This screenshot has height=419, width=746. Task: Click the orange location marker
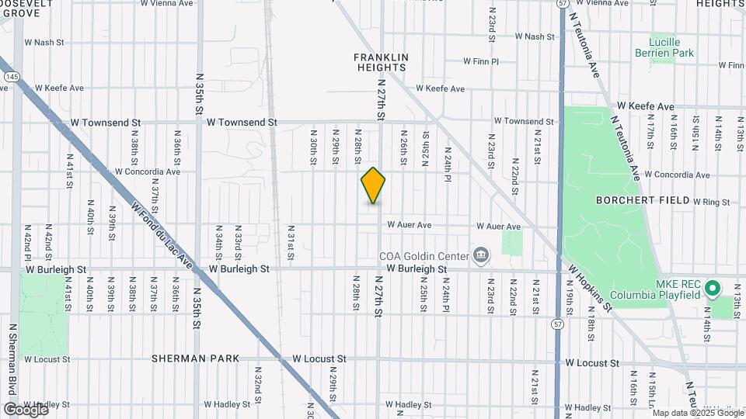(x=374, y=185)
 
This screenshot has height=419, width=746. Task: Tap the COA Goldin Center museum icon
(x=481, y=255)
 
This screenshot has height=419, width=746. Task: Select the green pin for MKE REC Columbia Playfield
(x=713, y=289)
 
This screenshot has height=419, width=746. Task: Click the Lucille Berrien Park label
(x=672, y=47)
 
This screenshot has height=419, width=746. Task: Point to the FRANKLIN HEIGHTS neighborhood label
(x=381, y=63)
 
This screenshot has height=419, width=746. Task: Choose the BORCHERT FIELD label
(x=643, y=200)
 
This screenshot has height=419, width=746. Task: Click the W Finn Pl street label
(x=480, y=61)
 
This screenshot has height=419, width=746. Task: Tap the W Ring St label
(x=713, y=202)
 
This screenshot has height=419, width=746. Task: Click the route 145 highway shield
(x=12, y=77)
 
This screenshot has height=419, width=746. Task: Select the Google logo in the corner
(x=26, y=409)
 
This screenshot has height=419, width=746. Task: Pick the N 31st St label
(x=291, y=242)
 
